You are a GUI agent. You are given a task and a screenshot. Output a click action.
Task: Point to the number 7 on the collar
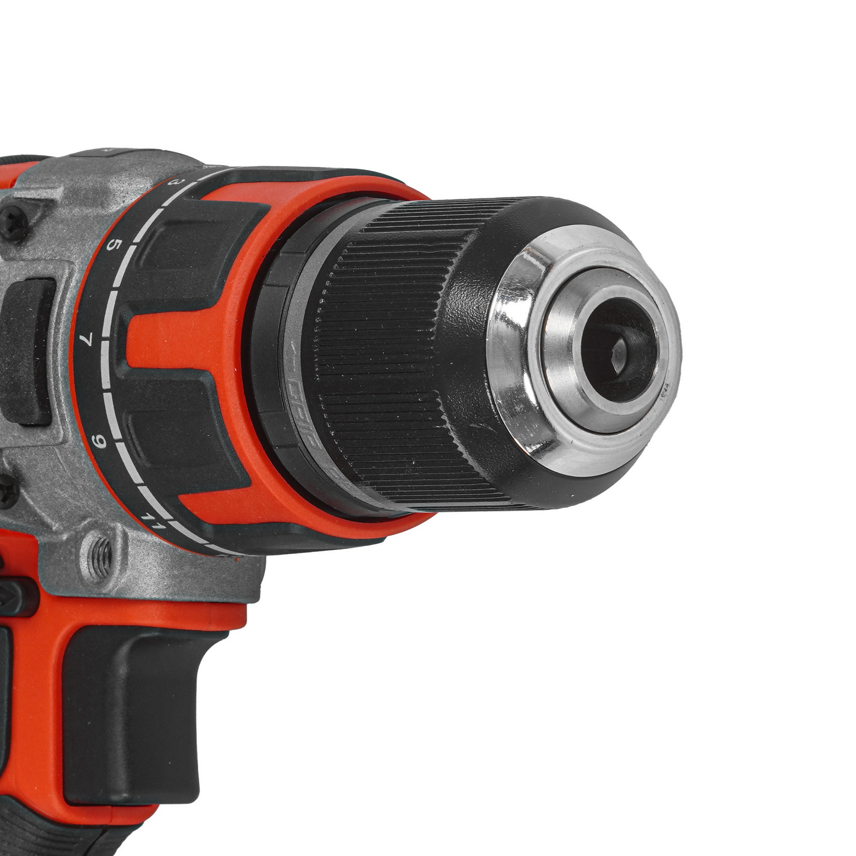click(x=87, y=340)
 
